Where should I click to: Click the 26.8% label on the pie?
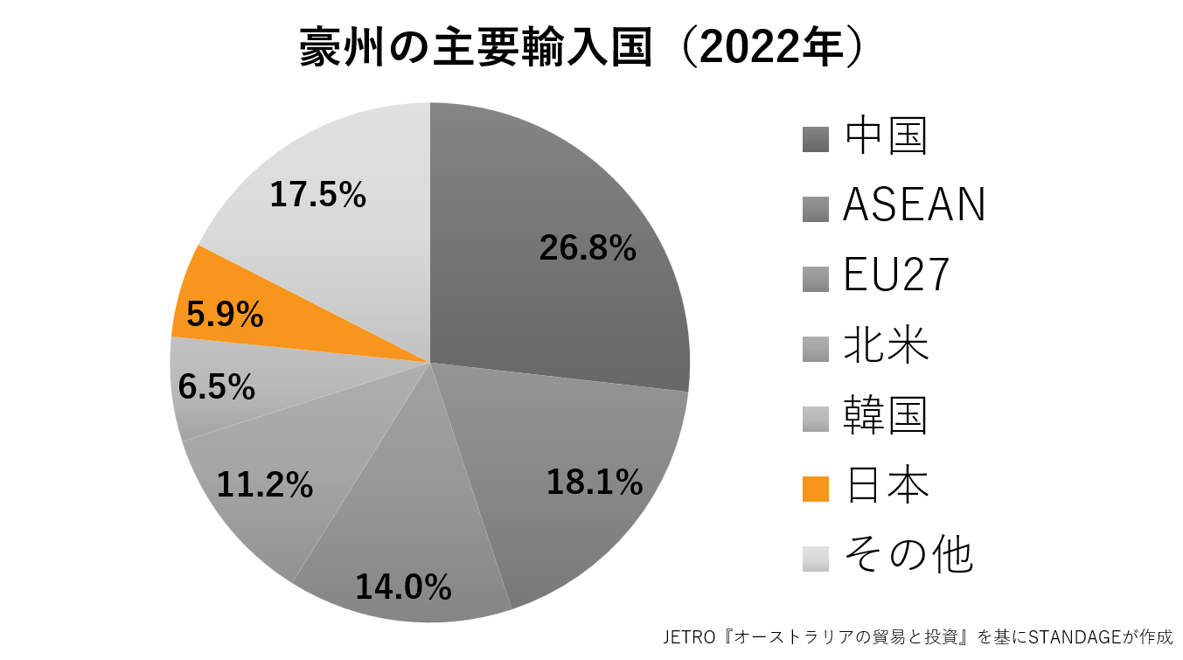588,248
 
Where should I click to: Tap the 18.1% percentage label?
595,482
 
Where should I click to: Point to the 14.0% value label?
403,587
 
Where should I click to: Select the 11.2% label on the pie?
265,483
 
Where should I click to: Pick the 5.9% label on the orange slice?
225,315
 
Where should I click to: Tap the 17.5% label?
317,195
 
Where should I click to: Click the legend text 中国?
885,136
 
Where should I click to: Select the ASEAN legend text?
914,205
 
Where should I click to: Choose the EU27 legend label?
895,276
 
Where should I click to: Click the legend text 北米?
885,346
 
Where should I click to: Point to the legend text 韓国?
885,416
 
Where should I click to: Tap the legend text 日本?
885,485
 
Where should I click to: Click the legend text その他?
908,554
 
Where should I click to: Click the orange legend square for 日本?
815,489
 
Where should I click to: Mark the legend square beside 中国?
815,140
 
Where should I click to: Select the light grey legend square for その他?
815,558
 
